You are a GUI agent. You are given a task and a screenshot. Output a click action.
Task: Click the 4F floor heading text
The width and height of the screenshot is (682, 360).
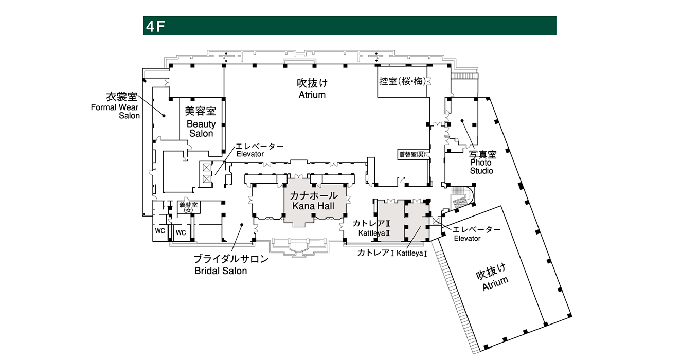155,26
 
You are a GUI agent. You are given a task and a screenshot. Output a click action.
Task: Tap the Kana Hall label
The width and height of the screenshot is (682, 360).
313,201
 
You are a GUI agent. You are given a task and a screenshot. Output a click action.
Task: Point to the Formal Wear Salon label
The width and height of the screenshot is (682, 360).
116,105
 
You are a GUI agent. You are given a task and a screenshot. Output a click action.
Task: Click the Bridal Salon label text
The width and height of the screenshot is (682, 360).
231,265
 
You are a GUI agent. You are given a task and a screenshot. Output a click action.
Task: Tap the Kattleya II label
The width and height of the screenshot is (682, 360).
371,228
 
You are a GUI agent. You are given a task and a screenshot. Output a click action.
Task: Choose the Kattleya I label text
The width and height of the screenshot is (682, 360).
392,253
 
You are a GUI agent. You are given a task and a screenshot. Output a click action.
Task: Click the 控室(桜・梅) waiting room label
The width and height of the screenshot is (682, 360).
402,81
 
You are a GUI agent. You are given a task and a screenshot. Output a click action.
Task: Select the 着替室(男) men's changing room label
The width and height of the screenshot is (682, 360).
412,155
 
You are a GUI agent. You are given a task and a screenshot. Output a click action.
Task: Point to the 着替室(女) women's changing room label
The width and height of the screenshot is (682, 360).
188,207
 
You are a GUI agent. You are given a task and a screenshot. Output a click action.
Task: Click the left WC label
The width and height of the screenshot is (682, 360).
160,231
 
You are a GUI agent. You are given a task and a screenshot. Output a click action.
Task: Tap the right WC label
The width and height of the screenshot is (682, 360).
181,233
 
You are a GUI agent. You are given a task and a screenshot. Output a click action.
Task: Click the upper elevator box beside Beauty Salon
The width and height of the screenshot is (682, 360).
207,167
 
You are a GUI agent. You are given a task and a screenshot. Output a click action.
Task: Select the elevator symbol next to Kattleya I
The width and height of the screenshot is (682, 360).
436,221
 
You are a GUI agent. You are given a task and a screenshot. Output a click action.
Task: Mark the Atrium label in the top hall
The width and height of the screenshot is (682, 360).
312,88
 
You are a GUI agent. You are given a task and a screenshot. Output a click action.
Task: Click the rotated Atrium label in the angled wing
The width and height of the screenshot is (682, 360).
493,277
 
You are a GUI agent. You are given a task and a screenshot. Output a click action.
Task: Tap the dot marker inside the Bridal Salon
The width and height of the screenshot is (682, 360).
242,225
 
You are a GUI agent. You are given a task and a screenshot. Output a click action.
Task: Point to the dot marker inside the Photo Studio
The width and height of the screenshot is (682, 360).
462,121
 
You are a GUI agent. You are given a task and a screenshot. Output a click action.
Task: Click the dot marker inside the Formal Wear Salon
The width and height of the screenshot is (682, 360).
164,116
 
